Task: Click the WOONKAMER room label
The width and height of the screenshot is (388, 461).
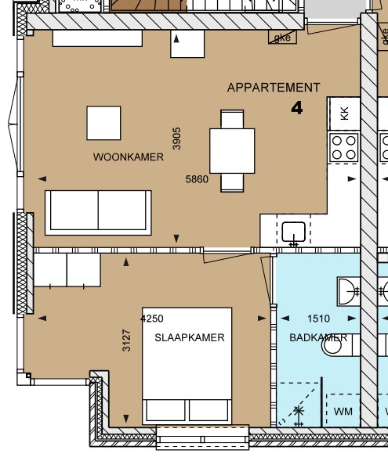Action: tap(129, 157)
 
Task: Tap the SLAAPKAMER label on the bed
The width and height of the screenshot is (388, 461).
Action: tap(190, 338)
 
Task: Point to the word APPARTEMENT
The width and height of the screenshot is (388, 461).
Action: tap(274, 88)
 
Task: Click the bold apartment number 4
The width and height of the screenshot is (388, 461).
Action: tap(297, 108)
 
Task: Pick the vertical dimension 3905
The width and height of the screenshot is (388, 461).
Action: tap(177, 139)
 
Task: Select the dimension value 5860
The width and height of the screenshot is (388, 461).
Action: tap(197, 179)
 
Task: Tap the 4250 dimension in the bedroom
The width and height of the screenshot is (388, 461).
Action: tap(152, 319)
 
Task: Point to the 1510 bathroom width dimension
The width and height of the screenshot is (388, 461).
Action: tap(318, 319)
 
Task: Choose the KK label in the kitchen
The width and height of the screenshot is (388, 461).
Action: tap(344, 113)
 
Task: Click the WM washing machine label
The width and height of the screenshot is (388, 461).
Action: tap(343, 411)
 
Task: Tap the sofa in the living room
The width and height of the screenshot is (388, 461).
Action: tap(99, 211)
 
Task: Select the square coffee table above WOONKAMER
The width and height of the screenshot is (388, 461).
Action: tap(104, 123)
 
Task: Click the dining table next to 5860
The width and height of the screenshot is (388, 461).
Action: tap(232, 150)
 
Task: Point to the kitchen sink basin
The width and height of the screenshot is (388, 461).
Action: tap(294, 232)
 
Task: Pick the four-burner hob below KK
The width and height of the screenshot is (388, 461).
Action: tap(344, 147)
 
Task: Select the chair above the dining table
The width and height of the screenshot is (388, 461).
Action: tap(232, 120)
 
